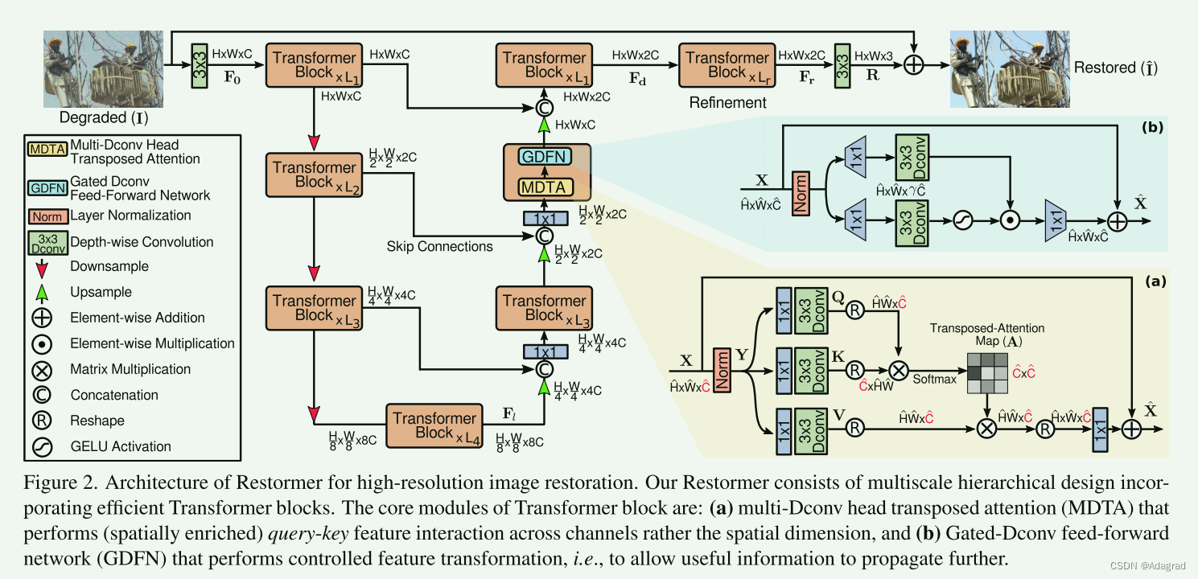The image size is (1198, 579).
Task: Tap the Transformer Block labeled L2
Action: click(x=315, y=175)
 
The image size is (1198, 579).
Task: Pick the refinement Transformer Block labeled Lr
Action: click(x=726, y=65)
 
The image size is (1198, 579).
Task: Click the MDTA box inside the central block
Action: click(x=547, y=187)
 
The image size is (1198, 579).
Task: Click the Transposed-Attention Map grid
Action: click(x=986, y=372)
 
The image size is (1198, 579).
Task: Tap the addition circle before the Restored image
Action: click(x=913, y=65)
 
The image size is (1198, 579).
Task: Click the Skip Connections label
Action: click(x=439, y=246)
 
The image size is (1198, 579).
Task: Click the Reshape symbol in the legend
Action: click(x=42, y=420)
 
